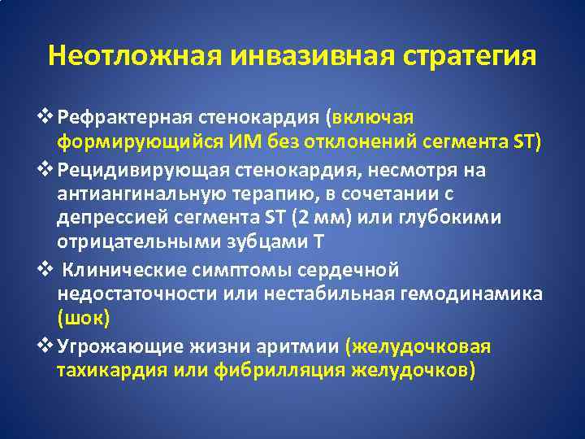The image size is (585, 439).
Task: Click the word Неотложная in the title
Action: coord(135,56)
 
